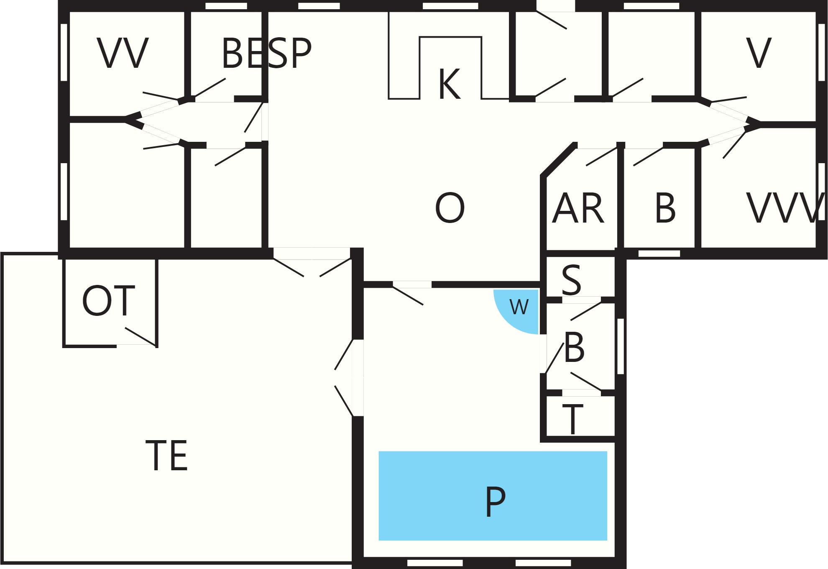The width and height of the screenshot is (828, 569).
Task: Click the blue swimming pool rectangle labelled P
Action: [x=493, y=496]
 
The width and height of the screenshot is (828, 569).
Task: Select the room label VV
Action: [x=123, y=53]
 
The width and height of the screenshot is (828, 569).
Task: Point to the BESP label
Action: [x=266, y=53]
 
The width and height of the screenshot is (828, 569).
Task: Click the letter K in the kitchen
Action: [x=450, y=84]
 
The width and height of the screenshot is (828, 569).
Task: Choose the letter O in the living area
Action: [x=450, y=208]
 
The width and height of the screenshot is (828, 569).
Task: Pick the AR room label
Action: [x=578, y=208]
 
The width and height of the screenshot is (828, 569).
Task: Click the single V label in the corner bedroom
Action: [x=759, y=53]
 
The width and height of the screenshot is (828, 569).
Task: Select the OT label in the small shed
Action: [x=109, y=301]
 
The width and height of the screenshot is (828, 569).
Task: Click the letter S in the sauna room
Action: [x=571, y=279]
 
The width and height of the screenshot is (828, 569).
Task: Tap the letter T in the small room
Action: [x=573, y=419]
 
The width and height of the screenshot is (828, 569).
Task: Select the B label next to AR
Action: [x=665, y=208]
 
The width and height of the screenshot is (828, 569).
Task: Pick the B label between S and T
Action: [x=574, y=347]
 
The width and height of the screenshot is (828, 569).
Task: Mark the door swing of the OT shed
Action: [x=141, y=336]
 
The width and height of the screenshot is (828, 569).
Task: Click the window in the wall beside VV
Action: [x=64, y=52]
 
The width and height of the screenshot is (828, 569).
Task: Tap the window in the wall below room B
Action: [x=659, y=254]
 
